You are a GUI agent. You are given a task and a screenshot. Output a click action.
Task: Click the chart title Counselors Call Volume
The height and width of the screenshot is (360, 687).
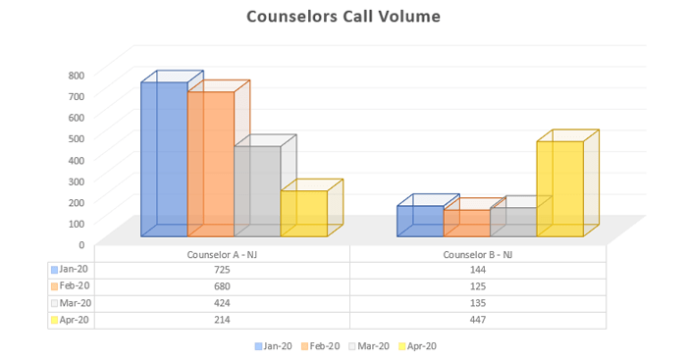click(343, 17)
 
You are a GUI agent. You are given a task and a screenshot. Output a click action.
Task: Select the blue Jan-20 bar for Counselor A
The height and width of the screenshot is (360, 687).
click(163, 157)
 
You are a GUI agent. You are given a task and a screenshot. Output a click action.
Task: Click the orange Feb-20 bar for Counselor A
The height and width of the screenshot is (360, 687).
click(210, 162)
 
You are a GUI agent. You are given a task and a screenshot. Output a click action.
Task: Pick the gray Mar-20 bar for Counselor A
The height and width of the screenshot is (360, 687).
click(256, 190)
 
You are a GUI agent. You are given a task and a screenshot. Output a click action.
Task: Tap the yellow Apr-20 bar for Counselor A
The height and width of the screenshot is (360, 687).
click(303, 213)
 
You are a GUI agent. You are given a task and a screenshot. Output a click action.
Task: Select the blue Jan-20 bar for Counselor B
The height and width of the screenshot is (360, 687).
click(419, 221)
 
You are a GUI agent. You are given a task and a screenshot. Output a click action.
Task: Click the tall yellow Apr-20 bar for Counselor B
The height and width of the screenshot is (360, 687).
click(559, 188)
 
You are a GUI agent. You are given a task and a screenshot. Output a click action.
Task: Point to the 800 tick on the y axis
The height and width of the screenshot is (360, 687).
click(77, 75)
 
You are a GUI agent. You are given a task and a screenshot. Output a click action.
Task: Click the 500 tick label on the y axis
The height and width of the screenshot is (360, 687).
click(77, 138)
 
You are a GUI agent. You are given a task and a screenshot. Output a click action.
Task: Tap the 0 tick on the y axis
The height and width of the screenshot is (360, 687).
click(81, 244)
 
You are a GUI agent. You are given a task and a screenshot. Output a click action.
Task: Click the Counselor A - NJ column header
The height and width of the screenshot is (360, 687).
click(222, 254)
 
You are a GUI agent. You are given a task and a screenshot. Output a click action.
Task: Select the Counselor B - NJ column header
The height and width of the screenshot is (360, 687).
click(478, 254)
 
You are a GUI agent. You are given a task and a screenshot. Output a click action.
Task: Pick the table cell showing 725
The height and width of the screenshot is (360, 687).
click(222, 269)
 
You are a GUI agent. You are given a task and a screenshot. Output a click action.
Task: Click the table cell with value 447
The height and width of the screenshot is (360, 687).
click(478, 320)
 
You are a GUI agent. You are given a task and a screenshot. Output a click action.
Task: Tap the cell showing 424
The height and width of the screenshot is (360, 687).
click(222, 303)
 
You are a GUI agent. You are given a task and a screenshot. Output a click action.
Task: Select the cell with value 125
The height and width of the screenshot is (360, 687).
click(478, 285)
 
